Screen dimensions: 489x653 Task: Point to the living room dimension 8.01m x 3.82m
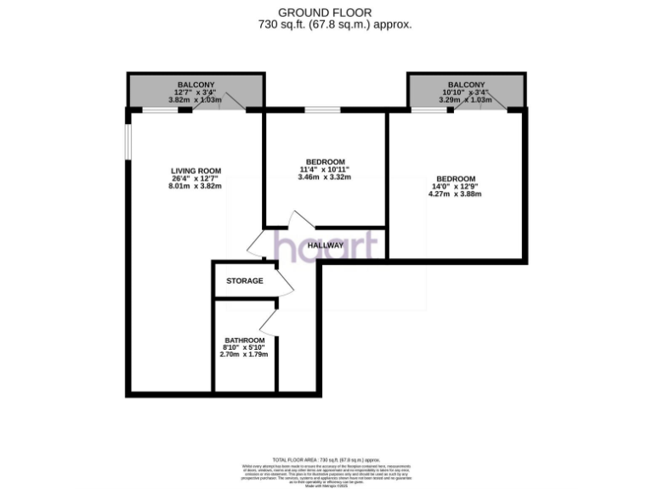pyautogui.click(x=196, y=186)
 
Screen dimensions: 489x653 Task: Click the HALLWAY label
pyautogui.click(x=326, y=245)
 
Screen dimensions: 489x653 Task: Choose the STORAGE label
pyautogui.click(x=244, y=281)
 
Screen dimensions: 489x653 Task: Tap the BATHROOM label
pyautogui.click(x=244, y=340)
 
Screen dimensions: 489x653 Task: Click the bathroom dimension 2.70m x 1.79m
pyautogui.click(x=244, y=354)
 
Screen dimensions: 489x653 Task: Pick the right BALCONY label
pyautogui.click(x=466, y=84)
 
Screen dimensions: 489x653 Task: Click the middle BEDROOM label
pyautogui.click(x=325, y=162)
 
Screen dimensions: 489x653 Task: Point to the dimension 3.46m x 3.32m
pyautogui.click(x=325, y=177)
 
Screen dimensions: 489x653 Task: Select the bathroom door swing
pyautogui.click(x=269, y=321)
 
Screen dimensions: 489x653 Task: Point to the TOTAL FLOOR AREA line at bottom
pyautogui.click(x=326, y=459)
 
